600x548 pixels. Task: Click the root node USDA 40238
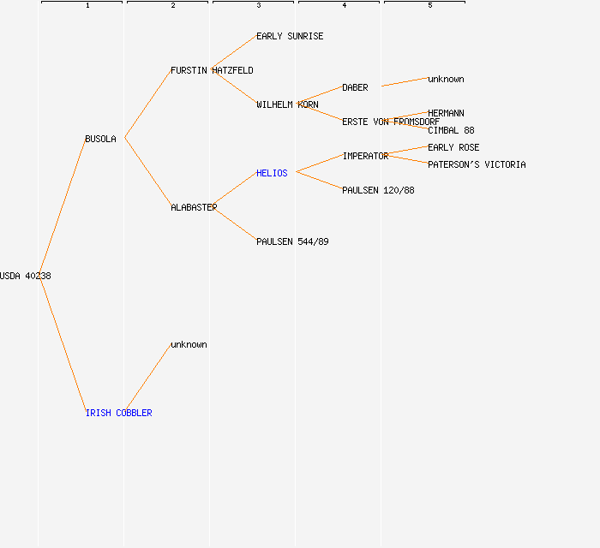click(x=25, y=276)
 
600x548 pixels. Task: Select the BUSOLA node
click(x=100, y=139)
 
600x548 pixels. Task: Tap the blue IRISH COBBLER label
click(x=118, y=413)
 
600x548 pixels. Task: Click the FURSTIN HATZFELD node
click(x=212, y=71)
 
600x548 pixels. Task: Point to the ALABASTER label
click(x=194, y=207)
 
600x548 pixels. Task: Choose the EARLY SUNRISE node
click(x=290, y=36)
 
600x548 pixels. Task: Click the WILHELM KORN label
click(x=287, y=104)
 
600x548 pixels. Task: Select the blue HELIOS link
click(x=272, y=173)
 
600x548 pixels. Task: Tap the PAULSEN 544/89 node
click(x=292, y=242)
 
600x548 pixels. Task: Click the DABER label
click(x=355, y=88)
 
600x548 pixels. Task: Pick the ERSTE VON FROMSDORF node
click(x=391, y=122)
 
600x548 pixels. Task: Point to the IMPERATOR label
click(x=365, y=157)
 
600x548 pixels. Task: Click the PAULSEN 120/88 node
click(x=378, y=190)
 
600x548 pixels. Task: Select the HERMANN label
click(x=446, y=114)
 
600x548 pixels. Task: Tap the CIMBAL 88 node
click(x=451, y=131)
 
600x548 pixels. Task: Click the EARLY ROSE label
click(x=453, y=147)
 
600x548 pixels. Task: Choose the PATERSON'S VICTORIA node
click(x=477, y=164)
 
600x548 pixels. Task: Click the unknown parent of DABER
click(x=446, y=79)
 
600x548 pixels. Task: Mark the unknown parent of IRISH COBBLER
click(x=189, y=345)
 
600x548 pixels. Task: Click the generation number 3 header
click(x=259, y=5)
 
